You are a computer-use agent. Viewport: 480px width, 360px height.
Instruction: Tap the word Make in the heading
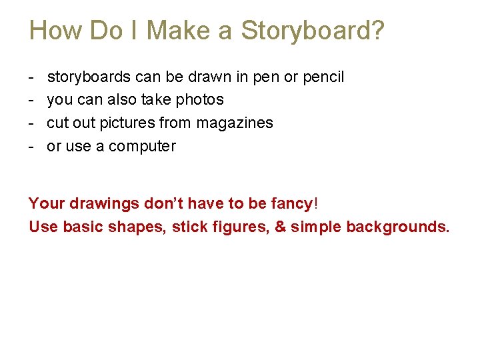pos(176,31)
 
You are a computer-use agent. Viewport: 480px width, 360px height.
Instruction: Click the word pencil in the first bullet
pos(323,77)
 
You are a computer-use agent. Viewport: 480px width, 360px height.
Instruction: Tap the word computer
pos(142,147)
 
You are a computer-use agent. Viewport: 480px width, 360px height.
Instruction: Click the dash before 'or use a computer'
pos(31,147)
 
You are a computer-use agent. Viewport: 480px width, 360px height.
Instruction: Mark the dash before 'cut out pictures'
pos(31,123)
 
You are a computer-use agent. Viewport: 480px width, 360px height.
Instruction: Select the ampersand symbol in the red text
pos(280,227)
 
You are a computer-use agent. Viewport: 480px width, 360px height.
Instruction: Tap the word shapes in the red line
pos(136,227)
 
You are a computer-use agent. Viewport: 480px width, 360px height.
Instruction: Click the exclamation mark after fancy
pos(316,203)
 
